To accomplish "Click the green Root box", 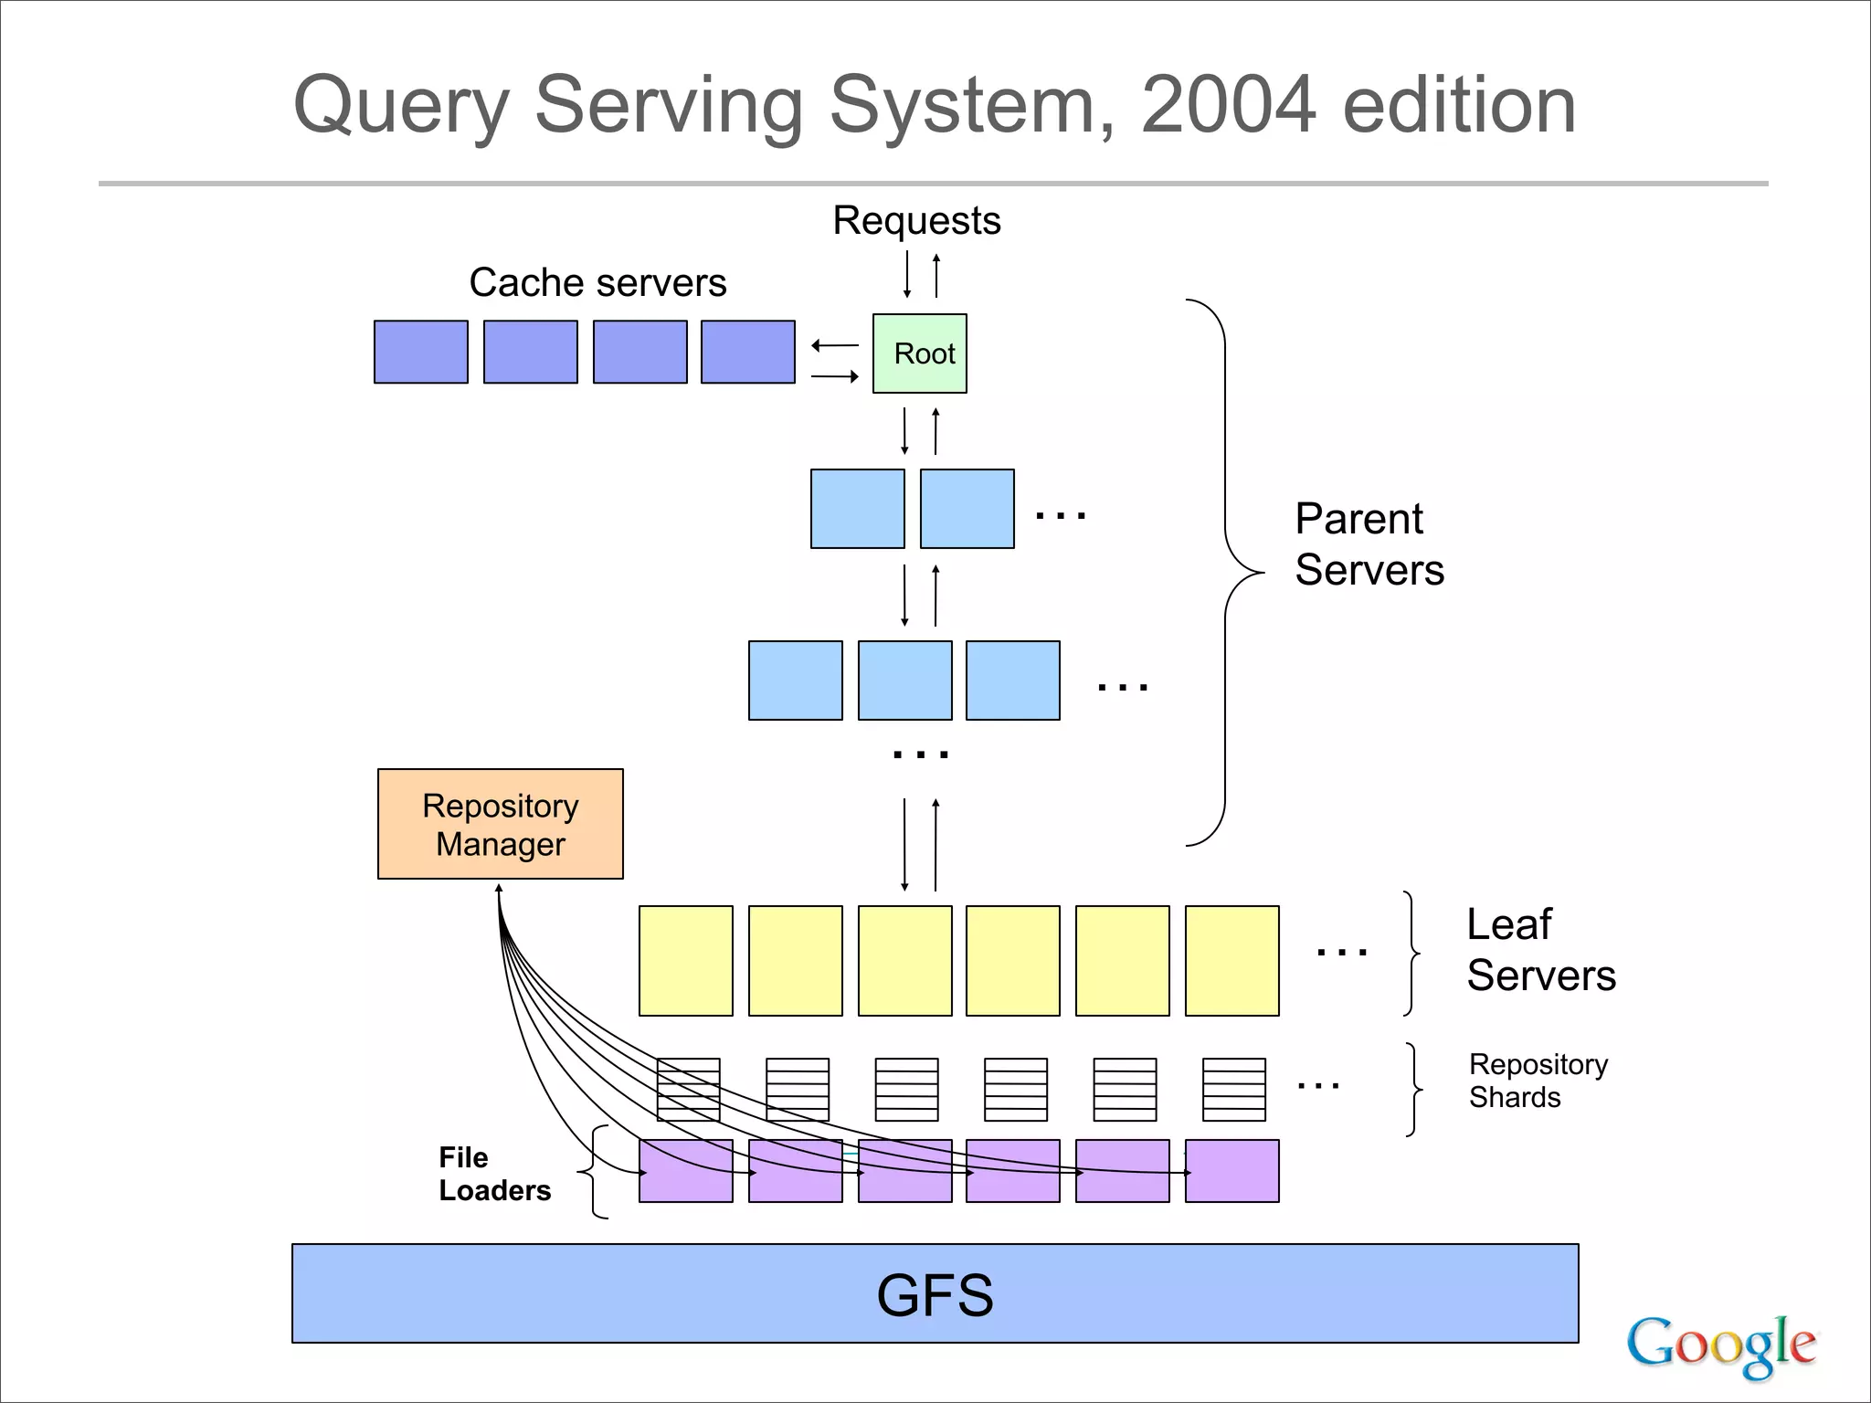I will (x=919, y=353).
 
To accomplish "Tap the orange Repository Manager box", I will (x=500, y=824).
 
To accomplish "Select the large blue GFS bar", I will (x=935, y=1293).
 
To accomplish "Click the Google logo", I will (x=1721, y=1345).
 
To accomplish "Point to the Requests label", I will (x=916, y=221).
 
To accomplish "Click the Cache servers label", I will (x=597, y=282).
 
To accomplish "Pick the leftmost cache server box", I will (x=421, y=352).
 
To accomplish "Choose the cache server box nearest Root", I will (x=747, y=352).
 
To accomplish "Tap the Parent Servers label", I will (x=1369, y=544).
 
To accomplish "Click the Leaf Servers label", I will (x=1540, y=950).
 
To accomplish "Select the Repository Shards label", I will (x=1538, y=1081).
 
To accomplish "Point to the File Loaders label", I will (x=494, y=1174).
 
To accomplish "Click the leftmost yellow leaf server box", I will (x=685, y=961).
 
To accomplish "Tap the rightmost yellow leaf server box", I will (x=1231, y=961).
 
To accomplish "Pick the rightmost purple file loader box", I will (x=1231, y=1171).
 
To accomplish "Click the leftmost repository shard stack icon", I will (x=688, y=1089).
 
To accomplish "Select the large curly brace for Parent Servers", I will (x=1225, y=573).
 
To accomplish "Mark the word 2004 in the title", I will (x=1228, y=105).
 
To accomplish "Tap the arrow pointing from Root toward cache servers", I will (x=834, y=345).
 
